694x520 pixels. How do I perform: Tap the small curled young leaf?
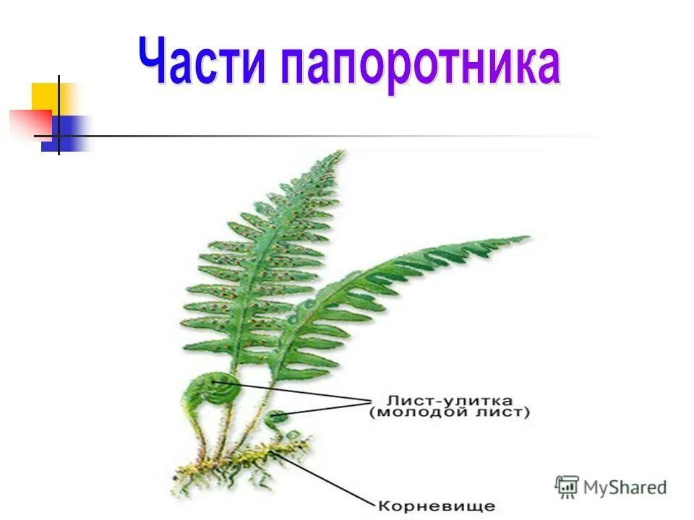pyautogui.click(x=277, y=417)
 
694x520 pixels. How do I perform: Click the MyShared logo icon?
pyautogui.click(x=567, y=486)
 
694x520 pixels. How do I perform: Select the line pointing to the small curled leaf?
pyautogui.click(x=325, y=408)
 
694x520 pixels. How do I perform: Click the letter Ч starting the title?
pyautogui.click(x=154, y=61)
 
